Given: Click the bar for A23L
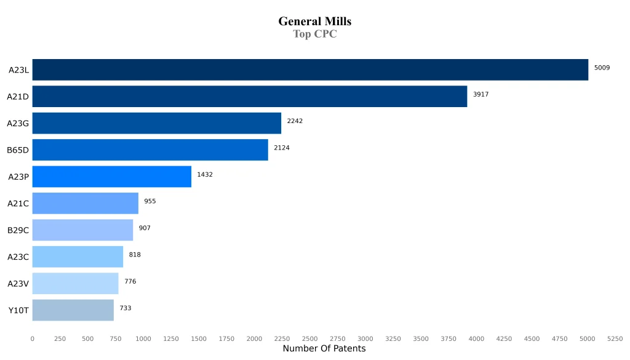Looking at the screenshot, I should pyautogui.click(x=310, y=70).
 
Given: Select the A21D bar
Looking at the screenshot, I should pyautogui.click(x=249, y=96).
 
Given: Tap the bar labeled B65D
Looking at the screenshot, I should pyautogui.click(x=150, y=150).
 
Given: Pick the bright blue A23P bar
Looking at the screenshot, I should pyautogui.click(x=111, y=177).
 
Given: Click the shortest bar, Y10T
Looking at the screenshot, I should pyautogui.click(x=73, y=310).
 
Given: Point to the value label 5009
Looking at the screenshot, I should pyautogui.click(x=602, y=68).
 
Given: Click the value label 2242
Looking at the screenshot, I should pyautogui.click(x=295, y=121).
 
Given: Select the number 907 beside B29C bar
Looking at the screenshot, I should pyautogui.click(x=145, y=228).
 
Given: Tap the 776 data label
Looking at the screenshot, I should pyautogui.click(x=130, y=282).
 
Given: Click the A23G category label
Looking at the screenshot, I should pyautogui.click(x=18, y=123).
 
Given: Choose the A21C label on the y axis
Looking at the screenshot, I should pyautogui.click(x=18, y=204).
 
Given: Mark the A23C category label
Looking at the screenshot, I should pyautogui.click(x=18, y=257).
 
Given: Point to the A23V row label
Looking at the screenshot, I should pyautogui.click(x=18, y=284).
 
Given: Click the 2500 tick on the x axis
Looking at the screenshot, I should pyautogui.click(x=309, y=339).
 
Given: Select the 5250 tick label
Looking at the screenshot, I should pyautogui.click(x=615, y=339).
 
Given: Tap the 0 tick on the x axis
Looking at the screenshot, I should pyautogui.click(x=33, y=339).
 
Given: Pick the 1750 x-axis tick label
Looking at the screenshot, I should pyautogui.click(x=226, y=339).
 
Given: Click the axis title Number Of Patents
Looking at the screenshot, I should pyautogui.click(x=324, y=349).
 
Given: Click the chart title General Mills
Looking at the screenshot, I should pyautogui.click(x=314, y=22).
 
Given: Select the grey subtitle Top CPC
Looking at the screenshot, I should pyautogui.click(x=314, y=34).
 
